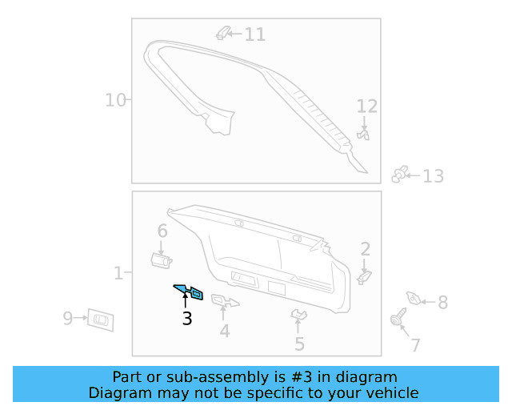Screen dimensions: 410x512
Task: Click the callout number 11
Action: tap(254, 34)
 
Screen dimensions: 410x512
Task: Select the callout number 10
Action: tap(116, 100)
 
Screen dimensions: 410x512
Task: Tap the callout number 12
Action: tap(366, 107)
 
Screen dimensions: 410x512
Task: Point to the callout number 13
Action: tap(433, 176)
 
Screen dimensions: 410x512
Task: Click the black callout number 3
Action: tap(186, 319)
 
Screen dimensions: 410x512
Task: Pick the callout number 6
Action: tap(162, 231)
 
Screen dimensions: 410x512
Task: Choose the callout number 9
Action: tap(68, 319)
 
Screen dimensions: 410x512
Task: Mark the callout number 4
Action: tap(225, 330)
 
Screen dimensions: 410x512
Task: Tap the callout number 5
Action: tap(299, 344)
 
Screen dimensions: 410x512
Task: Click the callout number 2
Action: tap(365, 249)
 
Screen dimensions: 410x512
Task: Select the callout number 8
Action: tap(442, 302)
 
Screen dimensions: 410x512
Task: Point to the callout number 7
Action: tap(415, 345)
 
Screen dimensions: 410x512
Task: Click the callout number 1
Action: tap(118, 274)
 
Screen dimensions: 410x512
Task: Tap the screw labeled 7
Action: tap(396, 321)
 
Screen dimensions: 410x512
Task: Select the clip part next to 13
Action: tap(401, 175)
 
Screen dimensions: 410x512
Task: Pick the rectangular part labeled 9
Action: tap(101, 319)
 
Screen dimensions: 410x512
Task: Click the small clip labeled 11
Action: tap(225, 33)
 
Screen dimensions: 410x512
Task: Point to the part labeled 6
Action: tap(162, 258)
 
